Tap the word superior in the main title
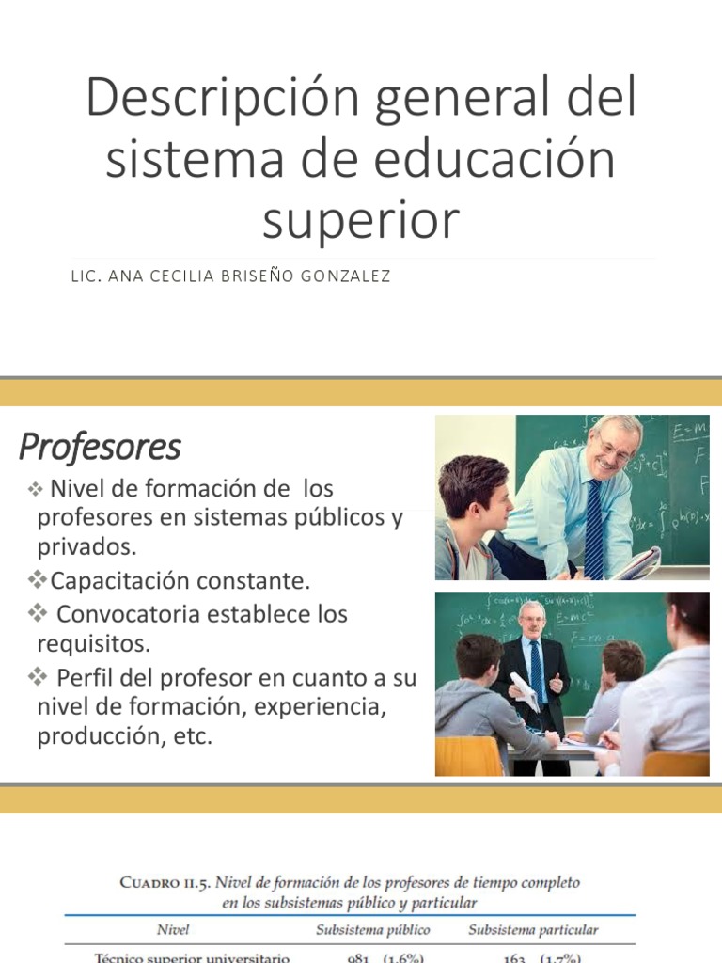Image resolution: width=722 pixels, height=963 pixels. click(x=360, y=219)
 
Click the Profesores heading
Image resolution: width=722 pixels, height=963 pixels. click(x=100, y=447)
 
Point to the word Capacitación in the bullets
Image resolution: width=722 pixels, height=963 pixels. click(x=119, y=581)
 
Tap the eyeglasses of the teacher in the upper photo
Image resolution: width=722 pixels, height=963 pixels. click(x=614, y=450)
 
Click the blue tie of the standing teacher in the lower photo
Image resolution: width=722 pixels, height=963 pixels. click(x=536, y=671)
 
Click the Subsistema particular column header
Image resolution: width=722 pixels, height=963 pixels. click(x=533, y=930)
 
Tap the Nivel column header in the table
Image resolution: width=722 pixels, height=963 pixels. click(x=173, y=930)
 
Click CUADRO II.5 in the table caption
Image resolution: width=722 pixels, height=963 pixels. click(x=168, y=882)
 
